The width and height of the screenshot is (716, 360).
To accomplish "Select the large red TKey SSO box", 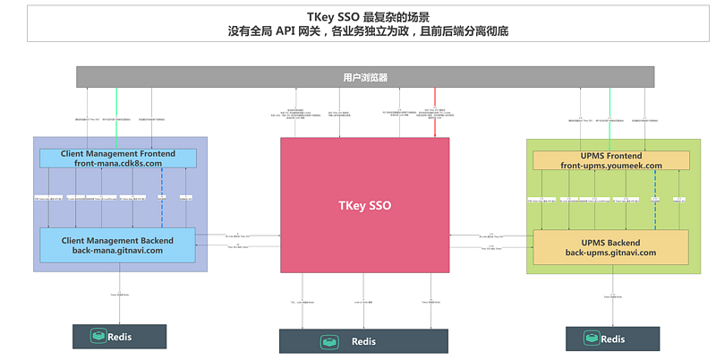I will pos(362,205).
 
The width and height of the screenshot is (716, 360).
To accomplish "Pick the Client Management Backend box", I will pos(117,244).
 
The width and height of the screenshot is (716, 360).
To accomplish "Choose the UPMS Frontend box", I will pos(611,160).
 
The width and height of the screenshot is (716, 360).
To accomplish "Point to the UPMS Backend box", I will pos(611,246).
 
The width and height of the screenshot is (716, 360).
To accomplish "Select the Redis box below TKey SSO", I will pos(362,341).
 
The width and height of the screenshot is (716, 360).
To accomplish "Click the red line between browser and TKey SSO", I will pos(435,112).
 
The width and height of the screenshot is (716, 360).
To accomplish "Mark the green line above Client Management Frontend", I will pos(116,117).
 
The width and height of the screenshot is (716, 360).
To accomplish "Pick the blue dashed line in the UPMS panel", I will pos(655,200).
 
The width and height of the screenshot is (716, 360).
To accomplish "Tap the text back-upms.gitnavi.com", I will pos(611,253).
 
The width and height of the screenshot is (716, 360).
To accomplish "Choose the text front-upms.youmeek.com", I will pos(611,166).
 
